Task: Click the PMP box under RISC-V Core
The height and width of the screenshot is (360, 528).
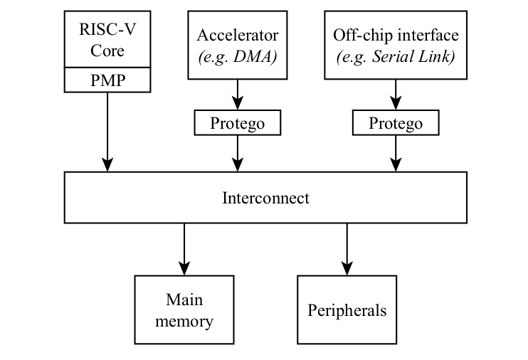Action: point(107,80)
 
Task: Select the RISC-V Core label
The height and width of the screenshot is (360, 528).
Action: point(107,41)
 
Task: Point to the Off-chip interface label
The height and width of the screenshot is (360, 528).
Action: point(396,35)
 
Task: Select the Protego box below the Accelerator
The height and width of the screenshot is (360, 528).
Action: point(237,123)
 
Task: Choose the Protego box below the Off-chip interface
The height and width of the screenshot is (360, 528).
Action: point(396,123)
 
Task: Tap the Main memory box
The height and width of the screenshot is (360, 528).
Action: point(184,309)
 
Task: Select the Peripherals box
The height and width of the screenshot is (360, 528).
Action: point(347,310)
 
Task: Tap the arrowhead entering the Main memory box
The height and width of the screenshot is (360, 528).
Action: point(184,270)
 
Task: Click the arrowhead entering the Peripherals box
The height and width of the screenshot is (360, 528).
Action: point(347,270)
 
